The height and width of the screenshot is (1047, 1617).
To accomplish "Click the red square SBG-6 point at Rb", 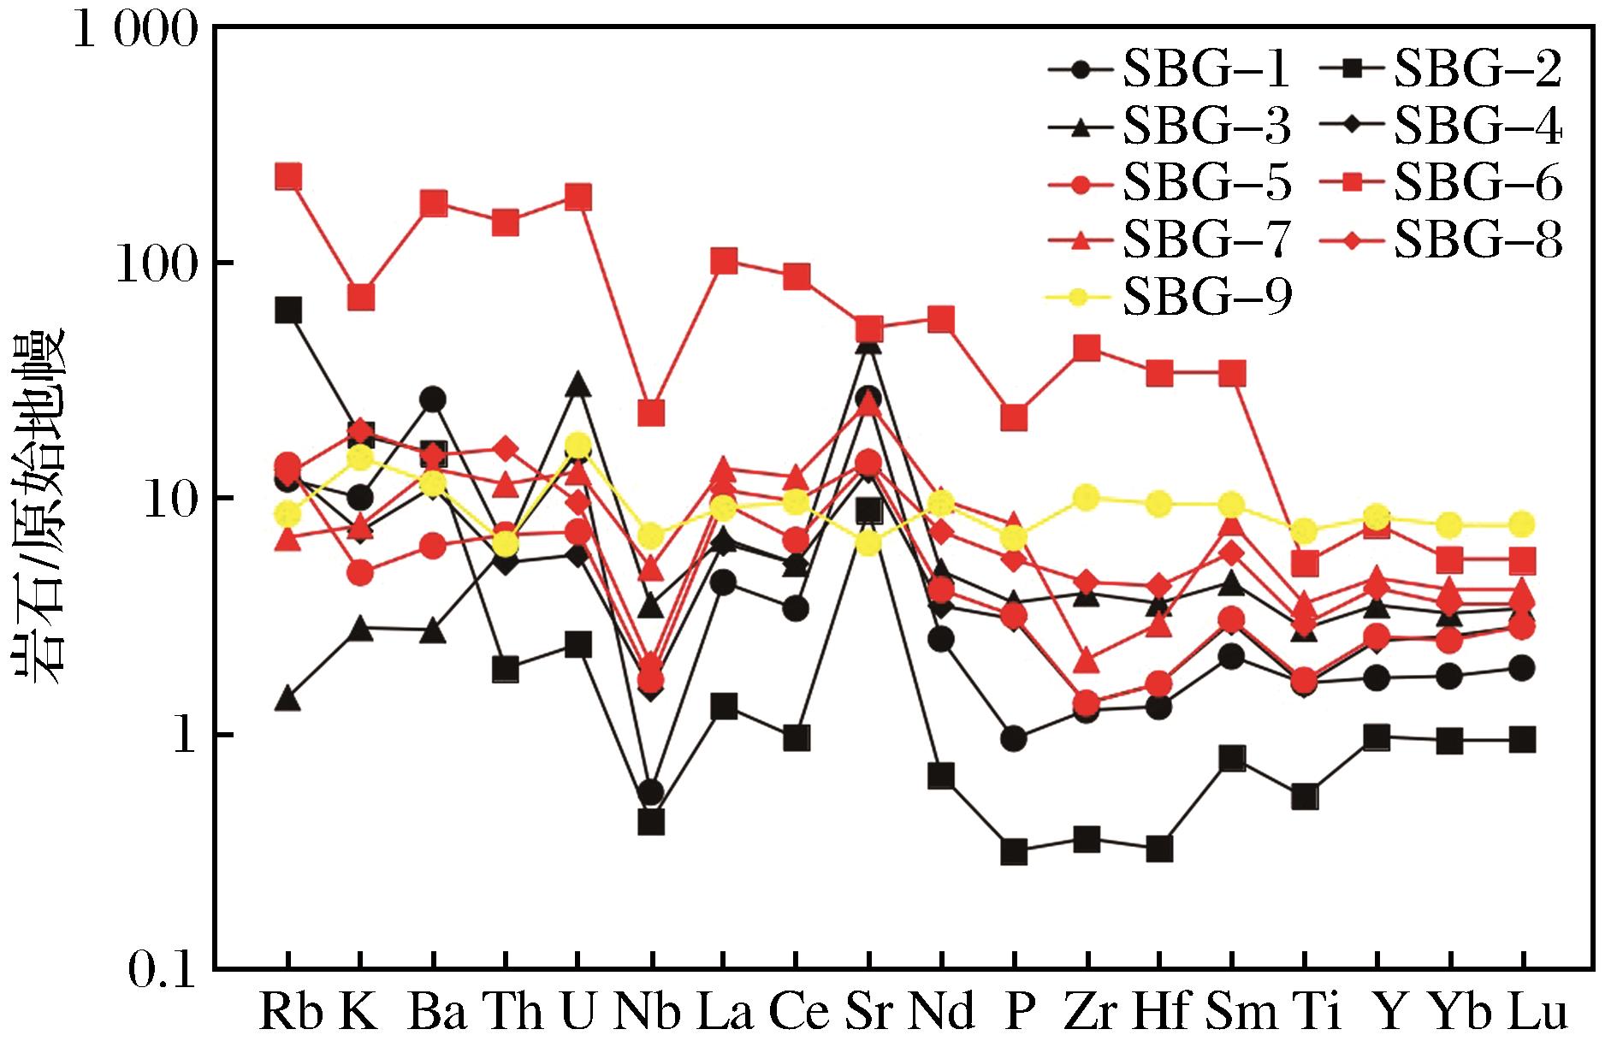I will pyautogui.click(x=288, y=177).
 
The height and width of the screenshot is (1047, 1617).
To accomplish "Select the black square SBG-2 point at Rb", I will pyautogui.click(x=288, y=310).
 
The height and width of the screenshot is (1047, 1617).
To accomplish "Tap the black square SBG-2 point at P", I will pyautogui.click(x=1014, y=852).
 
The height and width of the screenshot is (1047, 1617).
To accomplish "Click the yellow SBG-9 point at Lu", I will pyautogui.click(x=1522, y=523).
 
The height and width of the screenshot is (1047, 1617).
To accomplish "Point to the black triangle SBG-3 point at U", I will pyautogui.click(x=578, y=385).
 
